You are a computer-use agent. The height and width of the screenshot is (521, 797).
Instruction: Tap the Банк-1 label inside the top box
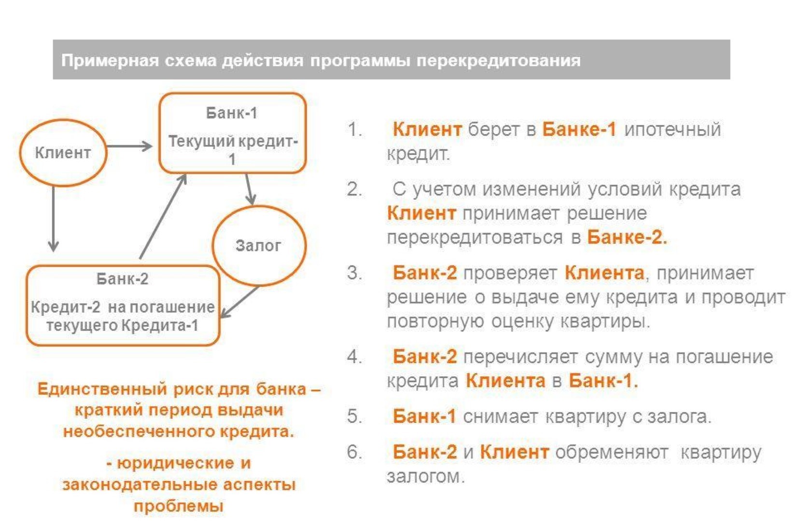coord(232,113)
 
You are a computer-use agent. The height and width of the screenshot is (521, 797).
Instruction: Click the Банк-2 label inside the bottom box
coord(123,279)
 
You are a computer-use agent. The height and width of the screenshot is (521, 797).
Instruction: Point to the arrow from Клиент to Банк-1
coord(129,146)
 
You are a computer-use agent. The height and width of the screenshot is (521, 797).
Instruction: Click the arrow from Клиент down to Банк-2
coord(54,219)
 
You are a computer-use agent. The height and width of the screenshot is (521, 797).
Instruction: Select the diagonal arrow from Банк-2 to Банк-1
coord(163,216)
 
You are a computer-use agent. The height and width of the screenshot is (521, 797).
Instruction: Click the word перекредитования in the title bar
coord(499,60)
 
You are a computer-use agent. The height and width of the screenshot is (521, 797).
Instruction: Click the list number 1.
coord(354,129)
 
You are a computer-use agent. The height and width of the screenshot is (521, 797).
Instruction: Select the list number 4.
coord(354,356)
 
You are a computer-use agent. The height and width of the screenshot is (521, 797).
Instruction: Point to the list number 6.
coord(354,452)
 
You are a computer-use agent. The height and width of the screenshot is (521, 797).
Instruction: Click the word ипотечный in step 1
coord(672,129)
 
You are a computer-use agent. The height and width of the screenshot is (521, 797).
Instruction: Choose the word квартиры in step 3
coord(605,322)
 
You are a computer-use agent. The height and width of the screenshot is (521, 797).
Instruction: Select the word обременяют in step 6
coord(612,452)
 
